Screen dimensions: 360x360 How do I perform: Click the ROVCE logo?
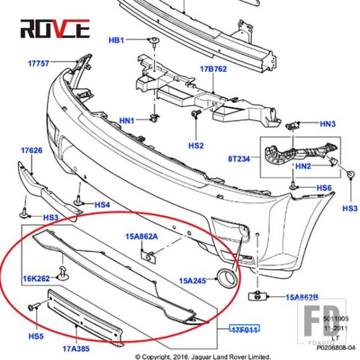[55, 28]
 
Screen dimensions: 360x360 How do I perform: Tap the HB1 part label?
[116, 40]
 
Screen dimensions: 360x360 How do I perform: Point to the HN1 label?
[127, 120]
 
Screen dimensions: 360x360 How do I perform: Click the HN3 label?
[328, 124]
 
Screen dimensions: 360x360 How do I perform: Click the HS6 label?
[324, 188]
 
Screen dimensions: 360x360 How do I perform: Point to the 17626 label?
[32, 151]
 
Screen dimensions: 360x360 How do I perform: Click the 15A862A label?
[142, 236]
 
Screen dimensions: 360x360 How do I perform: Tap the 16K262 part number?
[36, 278]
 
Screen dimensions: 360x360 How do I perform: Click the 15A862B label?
[302, 296]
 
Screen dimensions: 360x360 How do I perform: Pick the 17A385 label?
[77, 346]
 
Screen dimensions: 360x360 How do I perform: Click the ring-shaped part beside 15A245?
[227, 277]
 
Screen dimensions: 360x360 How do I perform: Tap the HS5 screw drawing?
[34, 307]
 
